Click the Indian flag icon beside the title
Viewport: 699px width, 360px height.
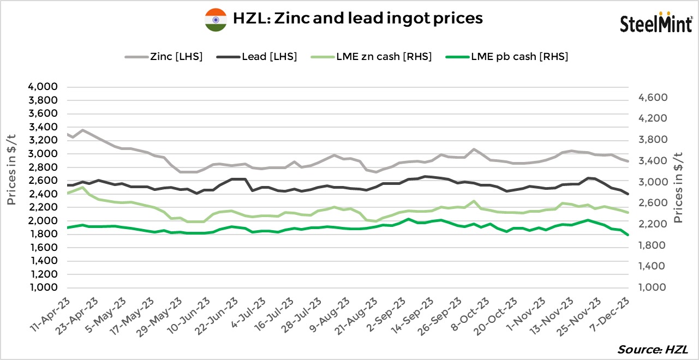216,19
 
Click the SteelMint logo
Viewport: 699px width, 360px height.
656,22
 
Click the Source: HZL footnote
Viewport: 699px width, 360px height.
653,349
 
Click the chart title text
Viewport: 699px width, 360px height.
358,18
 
